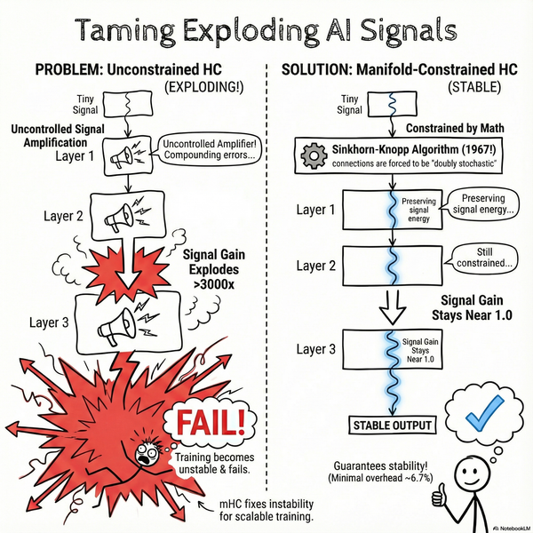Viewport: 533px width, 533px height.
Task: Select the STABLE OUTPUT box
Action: click(x=391, y=425)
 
